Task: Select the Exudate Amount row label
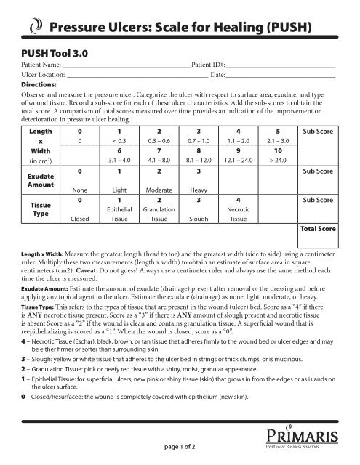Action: click(35, 181)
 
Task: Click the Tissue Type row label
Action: click(35, 210)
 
